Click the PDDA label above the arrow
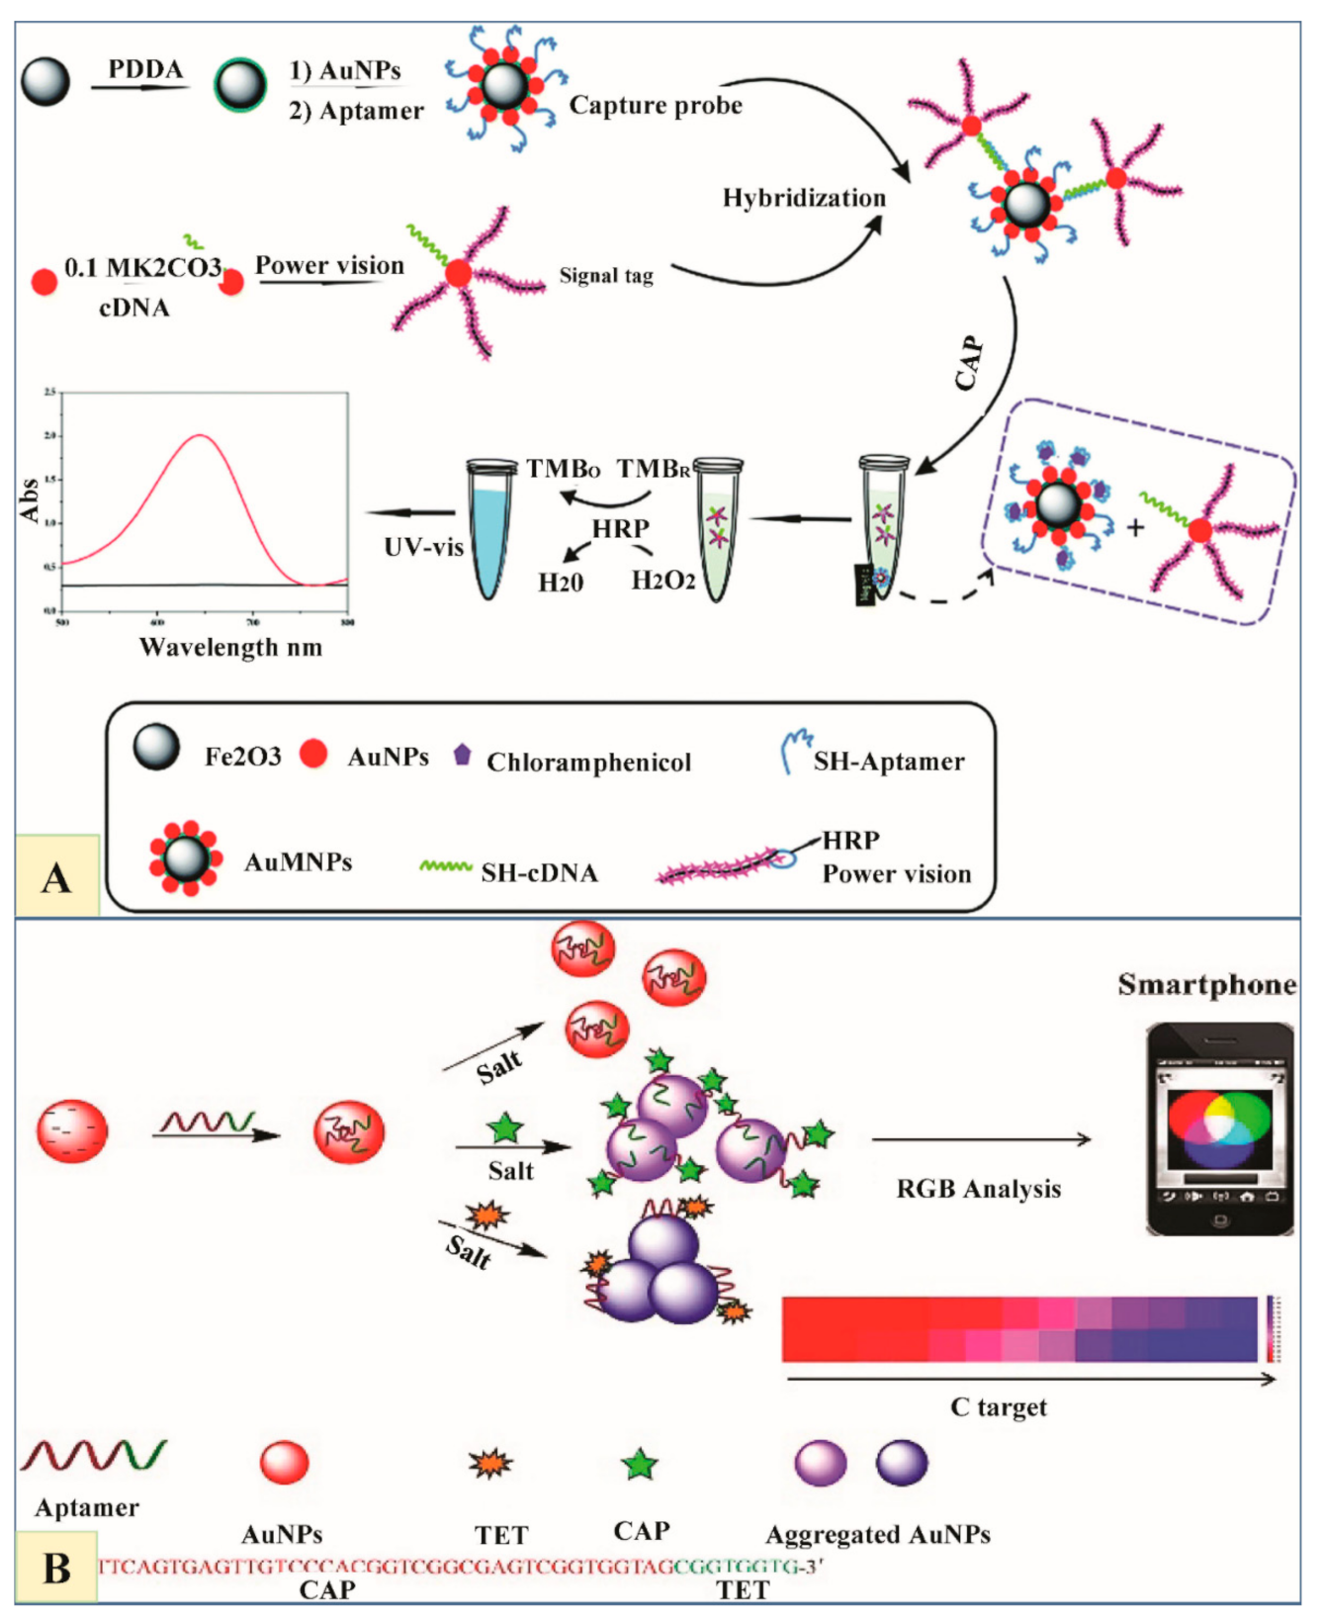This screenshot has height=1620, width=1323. click(x=145, y=69)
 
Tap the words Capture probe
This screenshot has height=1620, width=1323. click(x=656, y=105)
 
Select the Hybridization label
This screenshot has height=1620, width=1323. click(x=803, y=198)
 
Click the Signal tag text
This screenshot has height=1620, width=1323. click(x=606, y=276)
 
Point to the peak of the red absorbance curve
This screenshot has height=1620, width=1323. click(x=201, y=435)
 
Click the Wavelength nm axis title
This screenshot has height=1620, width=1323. click(x=230, y=647)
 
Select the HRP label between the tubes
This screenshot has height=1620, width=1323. click(x=620, y=529)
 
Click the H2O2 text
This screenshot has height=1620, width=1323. click(x=662, y=581)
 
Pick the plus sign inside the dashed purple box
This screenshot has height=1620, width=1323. click(x=1135, y=528)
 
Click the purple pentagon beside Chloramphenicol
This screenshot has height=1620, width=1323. click(x=462, y=755)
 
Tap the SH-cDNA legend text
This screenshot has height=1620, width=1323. click(x=539, y=872)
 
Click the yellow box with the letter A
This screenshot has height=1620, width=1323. click(x=57, y=876)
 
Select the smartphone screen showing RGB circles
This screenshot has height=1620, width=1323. click(x=1218, y=1126)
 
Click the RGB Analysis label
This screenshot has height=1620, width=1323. click(x=978, y=1189)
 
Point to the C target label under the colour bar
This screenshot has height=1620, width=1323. click(x=998, y=1406)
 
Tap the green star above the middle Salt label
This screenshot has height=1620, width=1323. click(x=505, y=1127)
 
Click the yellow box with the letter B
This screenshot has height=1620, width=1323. click(x=56, y=1568)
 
